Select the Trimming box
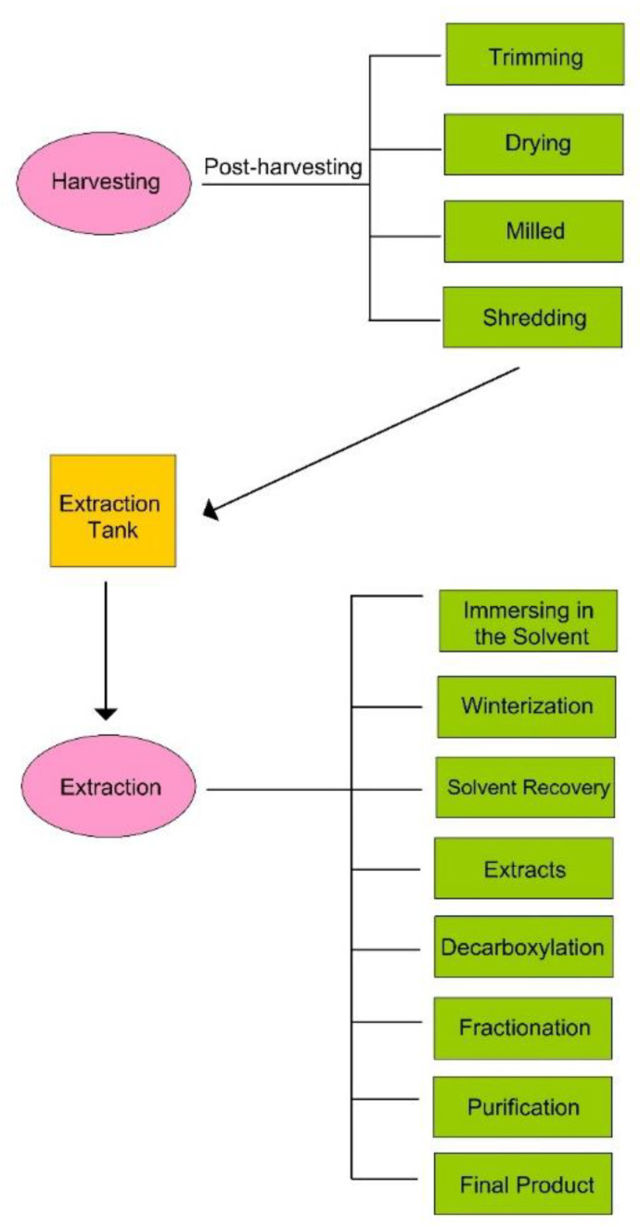534,56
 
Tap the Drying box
534,144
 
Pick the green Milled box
534,230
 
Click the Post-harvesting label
283,167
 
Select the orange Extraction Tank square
112,510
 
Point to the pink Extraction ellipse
109,787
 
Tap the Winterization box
526,705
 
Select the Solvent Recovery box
526,787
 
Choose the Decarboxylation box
524,947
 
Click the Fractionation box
524,1027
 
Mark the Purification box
524,1106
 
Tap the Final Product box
524,1183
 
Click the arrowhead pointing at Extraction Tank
211,510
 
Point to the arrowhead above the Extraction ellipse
106,712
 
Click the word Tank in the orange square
111,529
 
